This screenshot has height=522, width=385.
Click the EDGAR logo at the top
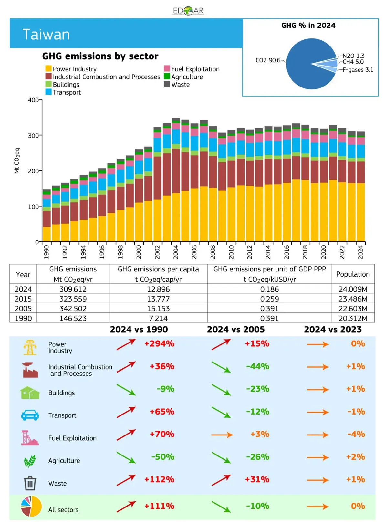pos(188,11)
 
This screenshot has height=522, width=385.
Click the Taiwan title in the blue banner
pos(46,35)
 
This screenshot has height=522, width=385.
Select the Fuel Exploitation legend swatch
pos(167,69)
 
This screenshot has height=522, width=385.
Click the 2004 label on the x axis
pos(176,252)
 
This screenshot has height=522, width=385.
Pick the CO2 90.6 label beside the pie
pos(268,60)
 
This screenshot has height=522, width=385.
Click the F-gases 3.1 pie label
pos(358,70)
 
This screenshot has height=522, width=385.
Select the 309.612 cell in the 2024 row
pos(73,289)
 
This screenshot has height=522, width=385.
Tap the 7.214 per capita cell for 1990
pos(158,318)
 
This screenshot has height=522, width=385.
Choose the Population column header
pos(353,274)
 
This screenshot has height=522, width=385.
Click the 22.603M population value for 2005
pos(353,309)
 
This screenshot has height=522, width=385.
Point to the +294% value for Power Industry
pos(159,344)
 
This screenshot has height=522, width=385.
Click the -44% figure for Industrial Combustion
pos(257,366)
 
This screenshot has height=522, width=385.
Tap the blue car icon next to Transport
pos(30,415)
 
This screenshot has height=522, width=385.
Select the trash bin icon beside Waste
pos(30,483)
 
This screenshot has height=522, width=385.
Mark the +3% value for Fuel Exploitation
pos(260,434)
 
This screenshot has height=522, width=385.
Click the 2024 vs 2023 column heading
pos(333,330)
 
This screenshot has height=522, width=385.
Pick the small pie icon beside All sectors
pos(31,506)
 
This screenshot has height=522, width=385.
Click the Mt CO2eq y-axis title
pos(17,161)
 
